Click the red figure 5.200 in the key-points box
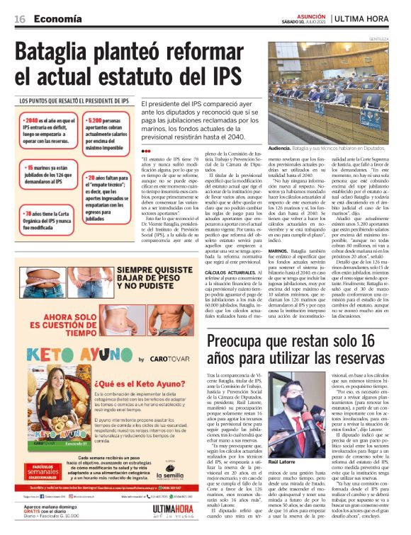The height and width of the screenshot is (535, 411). [95, 122]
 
